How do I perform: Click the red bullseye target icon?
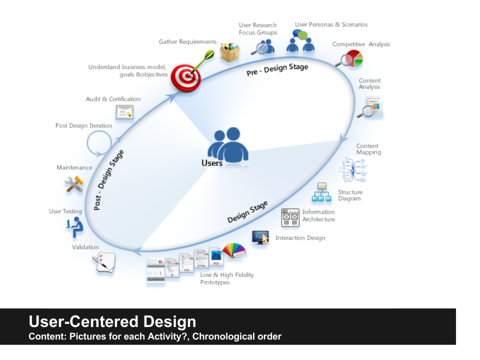click(x=185, y=77)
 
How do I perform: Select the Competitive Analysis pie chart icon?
click(x=350, y=58)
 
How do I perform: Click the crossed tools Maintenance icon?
click(x=73, y=184)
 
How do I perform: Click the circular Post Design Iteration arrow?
click(x=99, y=143)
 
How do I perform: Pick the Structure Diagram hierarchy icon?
click(x=321, y=192)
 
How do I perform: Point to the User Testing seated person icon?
click(x=74, y=227)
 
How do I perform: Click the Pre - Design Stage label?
click(x=277, y=69)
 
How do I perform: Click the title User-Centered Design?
click(x=112, y=321)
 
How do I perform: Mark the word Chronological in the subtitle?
click(x=220, y=336)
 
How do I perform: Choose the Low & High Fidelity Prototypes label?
click(x=227, y=278)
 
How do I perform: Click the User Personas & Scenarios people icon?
click(x=300, y=41)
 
